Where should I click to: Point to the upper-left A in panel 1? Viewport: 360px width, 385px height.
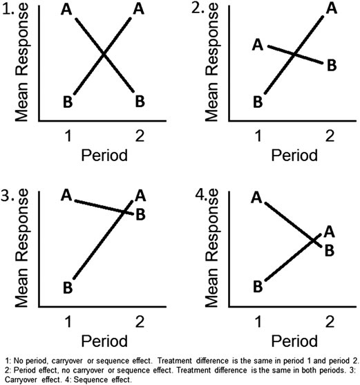[66, 10]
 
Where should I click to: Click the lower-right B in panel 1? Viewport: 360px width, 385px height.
[140, 101]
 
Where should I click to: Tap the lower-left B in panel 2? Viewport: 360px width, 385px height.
[258, 102]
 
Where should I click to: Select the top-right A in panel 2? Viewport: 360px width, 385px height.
[332, 9]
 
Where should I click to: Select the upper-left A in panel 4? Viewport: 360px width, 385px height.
[256, 198]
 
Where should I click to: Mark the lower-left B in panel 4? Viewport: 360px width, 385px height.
[256, 285]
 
